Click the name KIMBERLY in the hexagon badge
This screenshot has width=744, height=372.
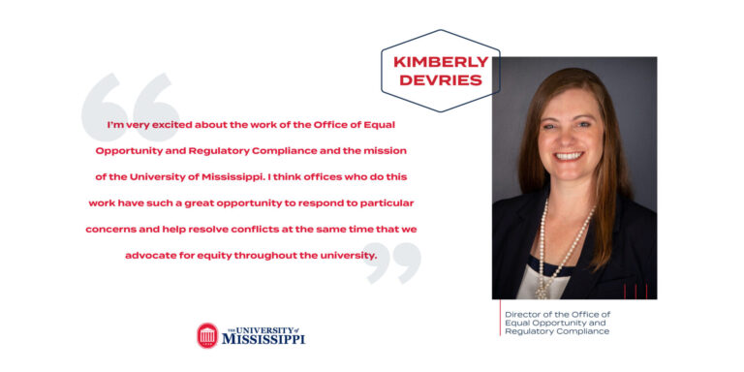(440, 61)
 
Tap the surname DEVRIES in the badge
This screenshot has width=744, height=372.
(440, 79)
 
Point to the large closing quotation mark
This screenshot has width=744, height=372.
(393, 263)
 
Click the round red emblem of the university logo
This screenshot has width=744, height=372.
(207, 336)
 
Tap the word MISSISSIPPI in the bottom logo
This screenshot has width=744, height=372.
(263, 340)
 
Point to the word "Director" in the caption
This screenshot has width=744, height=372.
(524, 314)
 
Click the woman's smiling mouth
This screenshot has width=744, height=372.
(569, 155)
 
